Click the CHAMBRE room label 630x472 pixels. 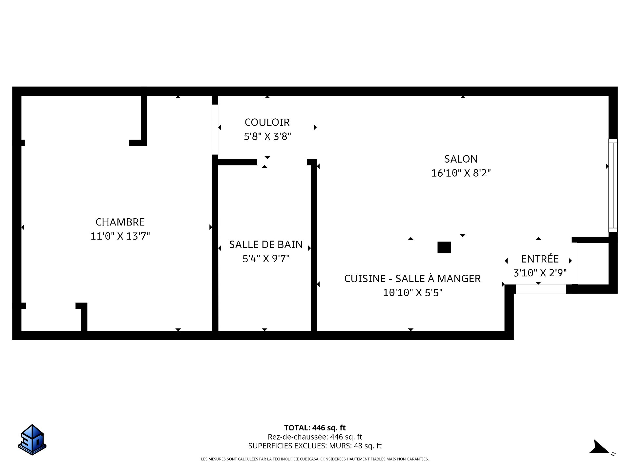(x=120, y=222)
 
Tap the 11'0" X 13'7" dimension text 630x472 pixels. (x=120, y=236)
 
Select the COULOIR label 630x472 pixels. (x=267, y=122)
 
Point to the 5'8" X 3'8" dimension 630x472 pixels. (x=267, y=136)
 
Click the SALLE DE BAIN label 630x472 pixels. (x=266, y=245)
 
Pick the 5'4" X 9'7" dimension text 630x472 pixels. (x=266, y=259)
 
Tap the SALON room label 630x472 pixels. (x=461, y=159)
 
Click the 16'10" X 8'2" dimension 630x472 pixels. (x=461, y=173)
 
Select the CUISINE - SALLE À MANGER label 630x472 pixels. (x=412, y=278)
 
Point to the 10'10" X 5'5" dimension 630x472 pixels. (x=412, y=292)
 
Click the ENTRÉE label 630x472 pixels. (x=540, y=259)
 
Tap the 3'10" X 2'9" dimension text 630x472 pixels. (x=540, y=273)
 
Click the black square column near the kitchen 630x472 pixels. (x=444, y=247)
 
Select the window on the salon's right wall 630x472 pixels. (x=613, y=185)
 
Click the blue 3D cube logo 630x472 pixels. (x=32, y=440)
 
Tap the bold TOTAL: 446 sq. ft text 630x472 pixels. (x=315, y=428)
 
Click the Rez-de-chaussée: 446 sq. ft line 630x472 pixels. (x=315, y=437)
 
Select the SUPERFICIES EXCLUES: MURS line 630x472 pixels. (x=315, y=446)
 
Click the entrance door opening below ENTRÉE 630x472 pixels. (x=541, y=289)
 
